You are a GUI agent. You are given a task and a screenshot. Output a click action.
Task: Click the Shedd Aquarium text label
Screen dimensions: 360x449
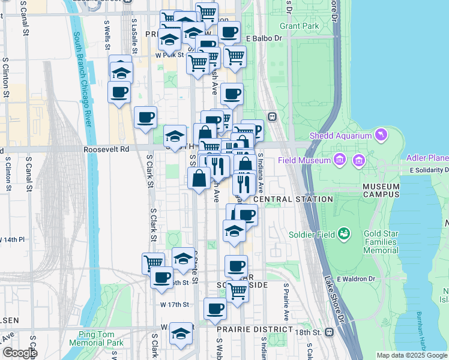[x=340, y=136]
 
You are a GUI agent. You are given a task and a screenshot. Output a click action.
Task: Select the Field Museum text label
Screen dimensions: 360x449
[x=304, y=160]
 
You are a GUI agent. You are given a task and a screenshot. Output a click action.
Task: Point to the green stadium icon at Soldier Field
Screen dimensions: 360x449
[x=344, y=233]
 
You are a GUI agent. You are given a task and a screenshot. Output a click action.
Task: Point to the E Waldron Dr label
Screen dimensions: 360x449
[x=356, y=278]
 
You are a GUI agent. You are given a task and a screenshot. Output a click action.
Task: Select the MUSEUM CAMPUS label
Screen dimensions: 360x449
[x=381, y=190]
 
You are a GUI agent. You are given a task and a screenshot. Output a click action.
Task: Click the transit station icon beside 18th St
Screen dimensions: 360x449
[x=329, y=332]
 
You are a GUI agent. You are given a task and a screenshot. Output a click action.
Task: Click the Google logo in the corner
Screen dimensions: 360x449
[x=19, y=353]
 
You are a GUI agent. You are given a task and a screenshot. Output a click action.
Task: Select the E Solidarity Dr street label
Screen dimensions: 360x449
[x=429, y=171]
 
